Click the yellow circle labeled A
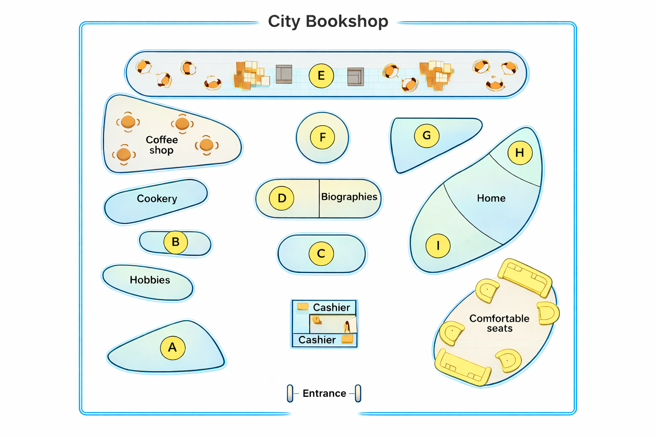click(x=173, y=347)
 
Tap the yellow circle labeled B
click(x=176, y=242)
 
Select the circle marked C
click(x=321, y=253)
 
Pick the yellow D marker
click(x=282, y=198)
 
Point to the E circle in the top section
click(x=321, y=76)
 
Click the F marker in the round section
click(x=322, y=137)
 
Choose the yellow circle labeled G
click(x=427, y=135)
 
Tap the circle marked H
click(x=520, y=152)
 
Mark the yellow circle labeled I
click(x=438, y=245)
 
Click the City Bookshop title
click(x=328, y=21)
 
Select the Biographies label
click(x=349, y=197)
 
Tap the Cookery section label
click(x=157, y=198)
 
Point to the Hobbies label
click(x=150, y=280)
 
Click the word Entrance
click(x=324, y=393)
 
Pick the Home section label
click(x=491, y=198)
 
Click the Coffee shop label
click(x=161, y=145)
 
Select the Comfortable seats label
click(x=499, y=323)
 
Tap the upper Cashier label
click(x=331, y=307)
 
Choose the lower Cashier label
click(x=317, y=340)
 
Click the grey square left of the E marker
click(x=284, y=74)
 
